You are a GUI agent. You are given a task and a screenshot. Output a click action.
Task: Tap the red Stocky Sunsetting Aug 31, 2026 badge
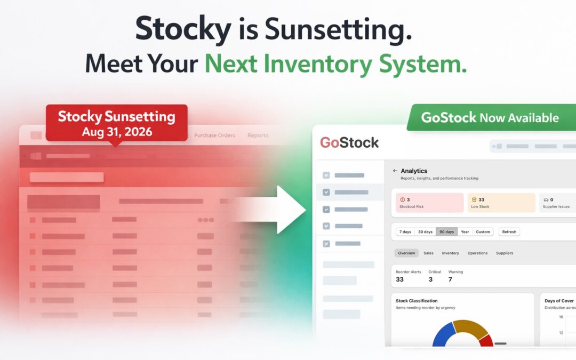click(116, 123)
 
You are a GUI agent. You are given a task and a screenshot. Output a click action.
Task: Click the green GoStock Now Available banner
click(490, 117)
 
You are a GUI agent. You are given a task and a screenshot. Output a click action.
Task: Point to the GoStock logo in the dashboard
click(349, 143)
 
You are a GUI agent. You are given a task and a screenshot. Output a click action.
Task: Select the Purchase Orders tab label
click(214, 135)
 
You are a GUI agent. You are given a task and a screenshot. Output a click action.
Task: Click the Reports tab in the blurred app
click(258, 135)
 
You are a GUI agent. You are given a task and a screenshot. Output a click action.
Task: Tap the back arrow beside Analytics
click(395, 171)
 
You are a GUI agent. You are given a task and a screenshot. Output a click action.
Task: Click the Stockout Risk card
click(429, 203)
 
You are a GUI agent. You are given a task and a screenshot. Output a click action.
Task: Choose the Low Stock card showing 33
click(501, 203)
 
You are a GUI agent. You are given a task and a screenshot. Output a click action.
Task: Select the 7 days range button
click(405, 232)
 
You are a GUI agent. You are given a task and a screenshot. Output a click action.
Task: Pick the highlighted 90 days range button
click(446, 232)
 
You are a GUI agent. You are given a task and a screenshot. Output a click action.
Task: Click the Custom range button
click(483, 232)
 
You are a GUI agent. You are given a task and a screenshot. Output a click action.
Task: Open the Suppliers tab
click(505, 253)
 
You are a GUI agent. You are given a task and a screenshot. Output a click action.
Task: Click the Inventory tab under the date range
click(450, 253)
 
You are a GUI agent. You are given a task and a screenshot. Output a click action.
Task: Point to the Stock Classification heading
click(417, 301)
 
